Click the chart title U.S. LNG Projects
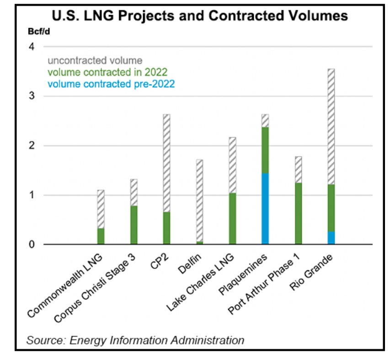(x=199, y=16)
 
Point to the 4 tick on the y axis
(x=32, y=47)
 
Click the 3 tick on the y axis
(x=32, y=97)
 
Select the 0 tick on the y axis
(x=32, y=245)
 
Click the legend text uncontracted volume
(x=95, y=60)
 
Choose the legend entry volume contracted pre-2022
(x=111, y=84)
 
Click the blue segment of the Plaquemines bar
(x=265, y=209)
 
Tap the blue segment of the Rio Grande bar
(x=331, y=238)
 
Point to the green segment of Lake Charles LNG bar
(x=232, y=219)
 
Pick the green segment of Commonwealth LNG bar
(x=101, y=236)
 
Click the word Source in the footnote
(x=40, y=340)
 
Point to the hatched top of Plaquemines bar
(x=265, y=120)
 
